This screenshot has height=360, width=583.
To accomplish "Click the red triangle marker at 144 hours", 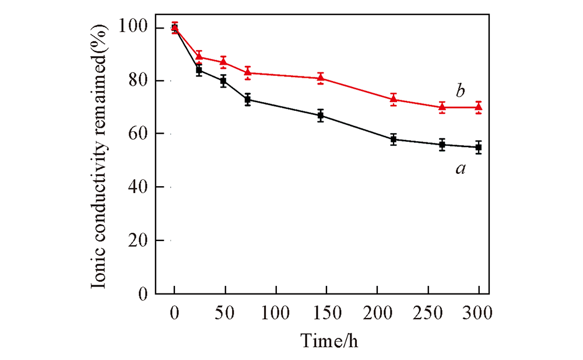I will (321, 78).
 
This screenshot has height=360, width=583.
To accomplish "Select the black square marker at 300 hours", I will (479, 147).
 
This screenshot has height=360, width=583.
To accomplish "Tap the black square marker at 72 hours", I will (248, 100).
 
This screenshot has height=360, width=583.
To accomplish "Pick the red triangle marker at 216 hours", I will (394, 99).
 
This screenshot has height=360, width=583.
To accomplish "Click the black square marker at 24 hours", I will (199, 70).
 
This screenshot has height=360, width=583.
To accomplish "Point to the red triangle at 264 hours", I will (442, 107).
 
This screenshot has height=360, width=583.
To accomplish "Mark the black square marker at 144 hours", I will (321, 116).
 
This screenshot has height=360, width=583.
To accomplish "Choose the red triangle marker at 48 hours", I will (223, 62).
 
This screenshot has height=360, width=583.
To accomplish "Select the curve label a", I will (460, 169).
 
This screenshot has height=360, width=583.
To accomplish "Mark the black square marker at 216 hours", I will (394, 139).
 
